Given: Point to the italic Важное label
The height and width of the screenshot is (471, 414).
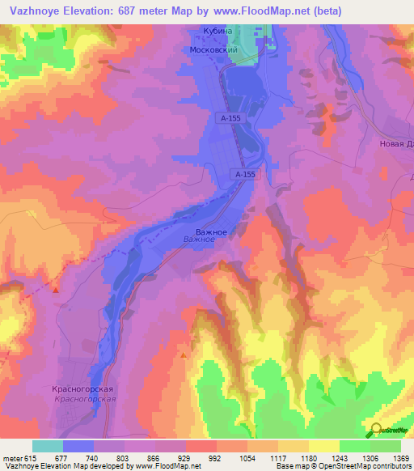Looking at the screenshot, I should [x=199, y=240].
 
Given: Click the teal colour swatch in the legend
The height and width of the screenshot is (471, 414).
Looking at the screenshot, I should [x=48, y=446].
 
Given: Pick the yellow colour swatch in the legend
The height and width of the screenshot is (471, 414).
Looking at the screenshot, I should [x=324, y=446].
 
